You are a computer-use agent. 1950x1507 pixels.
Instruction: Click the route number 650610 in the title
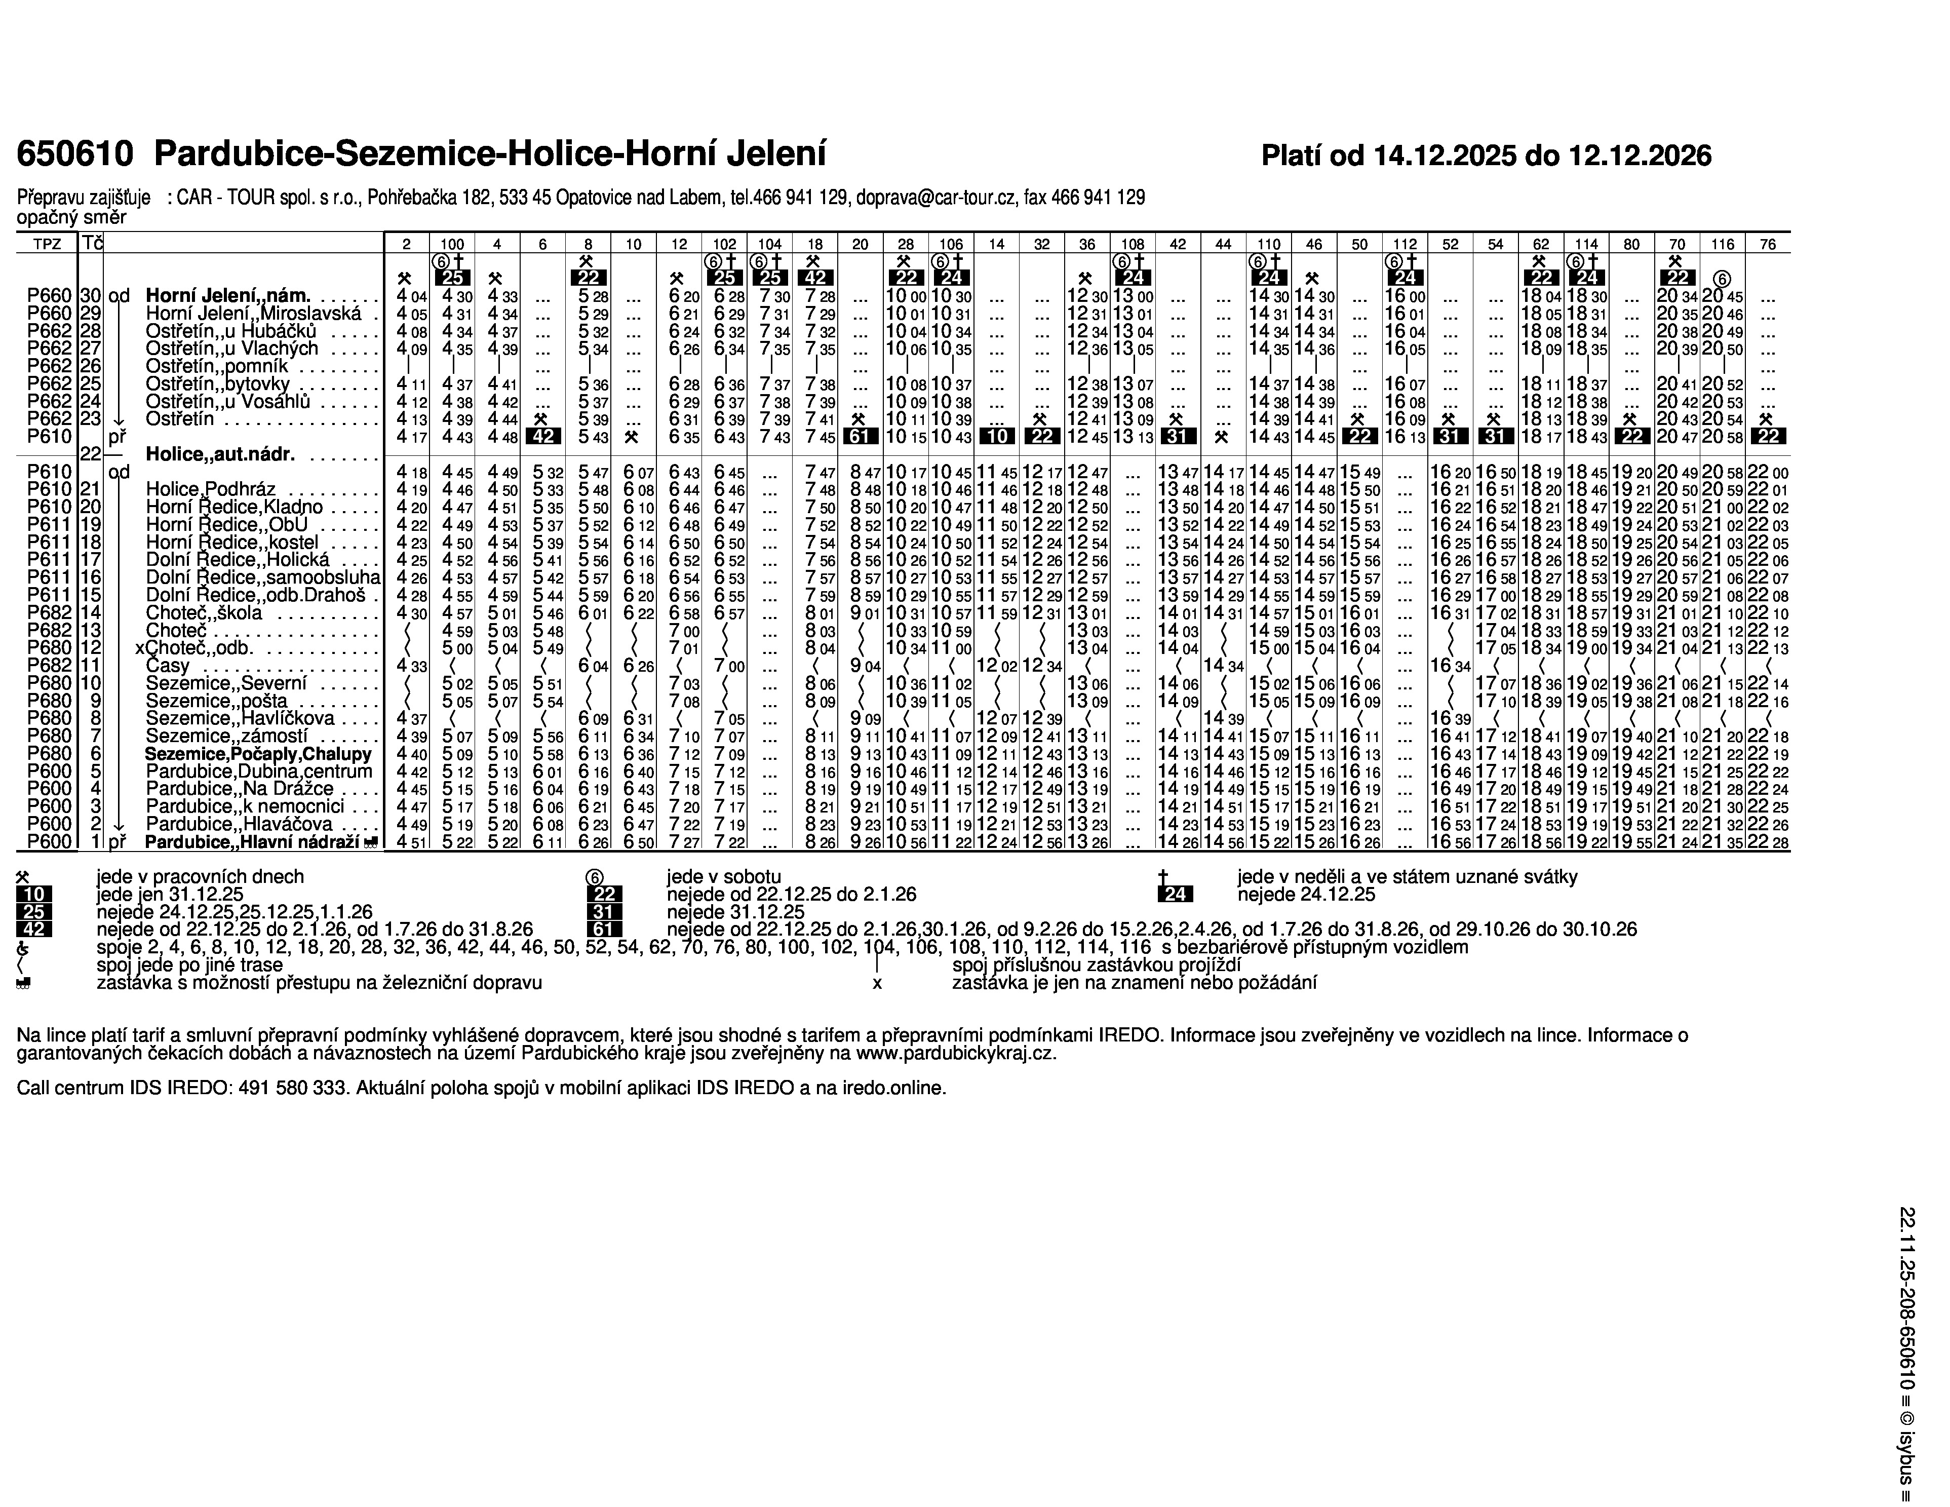pos(75,153)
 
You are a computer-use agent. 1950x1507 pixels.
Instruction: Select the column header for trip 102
pos(724,244)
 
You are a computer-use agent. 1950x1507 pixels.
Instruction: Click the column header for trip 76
pos(1767,244)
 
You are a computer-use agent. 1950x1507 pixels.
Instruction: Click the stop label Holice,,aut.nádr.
pos(220,453)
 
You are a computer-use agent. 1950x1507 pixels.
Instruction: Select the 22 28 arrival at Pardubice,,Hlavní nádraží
pos(1767,842)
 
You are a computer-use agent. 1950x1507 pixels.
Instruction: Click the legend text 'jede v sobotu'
pos(723,877)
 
